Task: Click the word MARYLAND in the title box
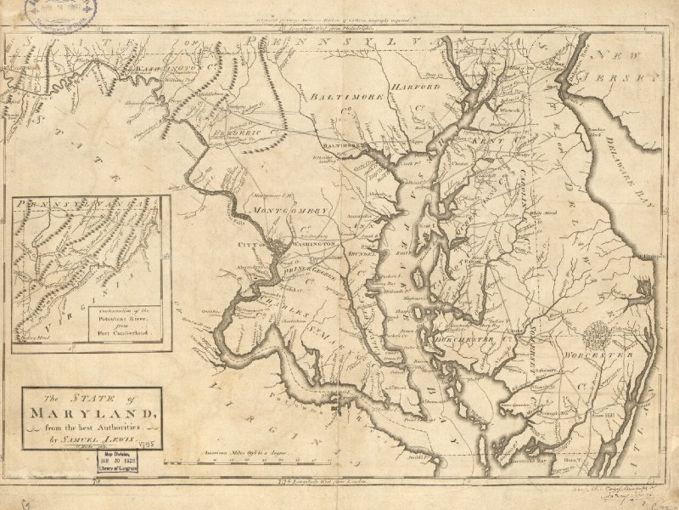tap(88, 414)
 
